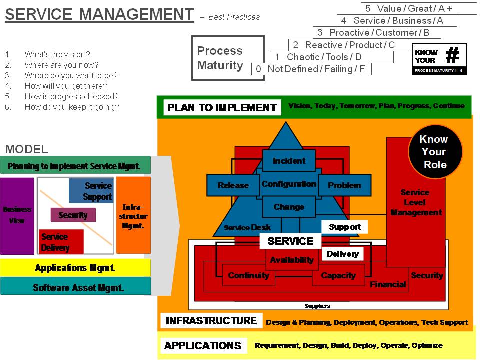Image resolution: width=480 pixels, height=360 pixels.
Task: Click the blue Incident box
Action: click(x=289, y=161)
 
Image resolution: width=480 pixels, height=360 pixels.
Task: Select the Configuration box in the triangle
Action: click(x=289, y=184)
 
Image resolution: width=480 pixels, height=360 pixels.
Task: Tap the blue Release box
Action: click(x=233, y=185)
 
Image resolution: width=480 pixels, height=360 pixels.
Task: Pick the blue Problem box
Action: click(x=344, y=185)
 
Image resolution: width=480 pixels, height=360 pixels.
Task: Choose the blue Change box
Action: click(x=289, y=207)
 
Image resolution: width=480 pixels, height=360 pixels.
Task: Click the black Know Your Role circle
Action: click(x=433, y=152)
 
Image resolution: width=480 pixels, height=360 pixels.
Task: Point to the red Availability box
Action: click(x=292, y=260)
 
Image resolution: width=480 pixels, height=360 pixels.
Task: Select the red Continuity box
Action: click(x=248, y=275)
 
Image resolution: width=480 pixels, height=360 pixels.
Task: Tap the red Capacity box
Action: click(x=338, y=275)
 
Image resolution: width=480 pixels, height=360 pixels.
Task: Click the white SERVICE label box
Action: click(x=290, y=241)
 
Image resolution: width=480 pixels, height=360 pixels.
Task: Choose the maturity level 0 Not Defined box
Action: click(x=311, y=69)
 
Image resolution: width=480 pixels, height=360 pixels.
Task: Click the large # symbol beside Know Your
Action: click(x=452, y=55)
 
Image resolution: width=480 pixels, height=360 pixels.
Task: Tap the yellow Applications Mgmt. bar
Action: click(x=75, y=268)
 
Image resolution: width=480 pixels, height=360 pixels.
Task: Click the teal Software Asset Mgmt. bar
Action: click(x=75, y=287)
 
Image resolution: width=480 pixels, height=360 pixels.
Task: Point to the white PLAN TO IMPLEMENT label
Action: click(x=222, y=107)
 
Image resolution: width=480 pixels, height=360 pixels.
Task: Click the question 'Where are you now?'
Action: click(x=62, y=65)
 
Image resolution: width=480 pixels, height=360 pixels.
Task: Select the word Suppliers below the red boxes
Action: click(x=317, y=306)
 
